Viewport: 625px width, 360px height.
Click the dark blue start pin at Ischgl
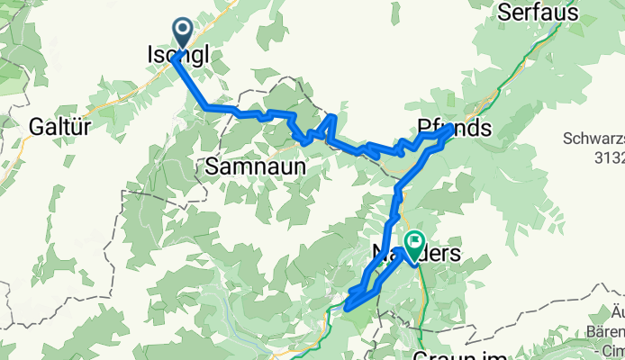pos(183,34)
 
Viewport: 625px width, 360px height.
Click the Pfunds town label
pos(455,129)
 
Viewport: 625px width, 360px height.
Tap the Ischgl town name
pos(177,55)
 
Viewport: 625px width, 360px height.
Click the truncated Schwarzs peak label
pos(593,139)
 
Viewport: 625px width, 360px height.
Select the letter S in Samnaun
pos(213,166)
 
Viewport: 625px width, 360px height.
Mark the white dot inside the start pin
pos(183,31)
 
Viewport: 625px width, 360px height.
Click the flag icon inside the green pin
pos(415,240)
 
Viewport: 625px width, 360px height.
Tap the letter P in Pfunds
pos(424,129)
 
